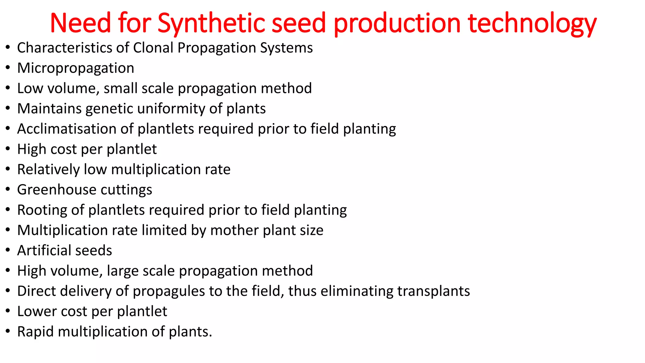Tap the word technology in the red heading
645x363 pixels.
(x=532, y=23)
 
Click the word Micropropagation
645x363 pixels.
(x=76, y=68)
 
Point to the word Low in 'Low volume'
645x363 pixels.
(x=30, y=89)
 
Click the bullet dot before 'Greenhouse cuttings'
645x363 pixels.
(x=8, y=190)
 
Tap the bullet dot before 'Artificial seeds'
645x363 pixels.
(x=8, y=251)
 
